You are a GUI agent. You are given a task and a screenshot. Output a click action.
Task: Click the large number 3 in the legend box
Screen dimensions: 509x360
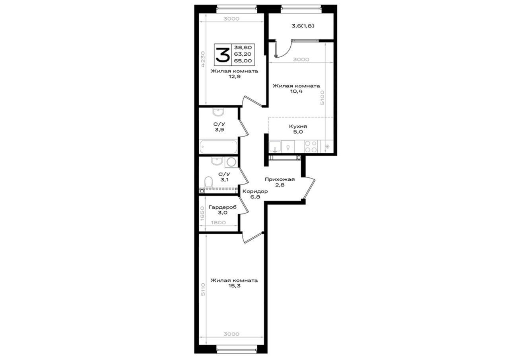[222, 55]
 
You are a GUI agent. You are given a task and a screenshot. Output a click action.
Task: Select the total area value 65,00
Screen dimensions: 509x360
[243, 61]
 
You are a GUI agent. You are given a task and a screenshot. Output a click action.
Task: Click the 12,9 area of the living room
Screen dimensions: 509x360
[235, 77]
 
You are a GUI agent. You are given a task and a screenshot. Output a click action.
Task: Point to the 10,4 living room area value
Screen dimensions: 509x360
[296, 91]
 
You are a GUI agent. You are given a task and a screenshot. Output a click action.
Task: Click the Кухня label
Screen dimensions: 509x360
[298, 126]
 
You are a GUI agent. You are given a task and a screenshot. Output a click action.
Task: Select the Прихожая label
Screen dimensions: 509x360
[280, 179]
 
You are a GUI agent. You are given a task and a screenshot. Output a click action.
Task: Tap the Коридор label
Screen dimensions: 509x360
[255, 191]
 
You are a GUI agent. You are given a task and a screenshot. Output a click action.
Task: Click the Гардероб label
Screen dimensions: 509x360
[222, 207]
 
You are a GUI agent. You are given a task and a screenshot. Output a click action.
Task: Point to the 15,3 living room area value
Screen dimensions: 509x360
[234, 286]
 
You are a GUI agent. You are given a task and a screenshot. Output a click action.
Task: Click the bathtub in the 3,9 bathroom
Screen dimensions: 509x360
[219, 147]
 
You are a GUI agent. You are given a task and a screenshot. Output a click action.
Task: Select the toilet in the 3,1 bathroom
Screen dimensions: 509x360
[208, 182]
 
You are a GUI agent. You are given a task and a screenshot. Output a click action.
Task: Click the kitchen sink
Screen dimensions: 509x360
[275, 146]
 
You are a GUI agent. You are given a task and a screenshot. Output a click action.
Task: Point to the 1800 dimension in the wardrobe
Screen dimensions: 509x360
[218, 222]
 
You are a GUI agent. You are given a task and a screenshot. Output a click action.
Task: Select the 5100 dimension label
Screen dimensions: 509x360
[322, 97]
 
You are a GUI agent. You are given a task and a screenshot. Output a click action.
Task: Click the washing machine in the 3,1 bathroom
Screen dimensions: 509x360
[231, 162]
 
